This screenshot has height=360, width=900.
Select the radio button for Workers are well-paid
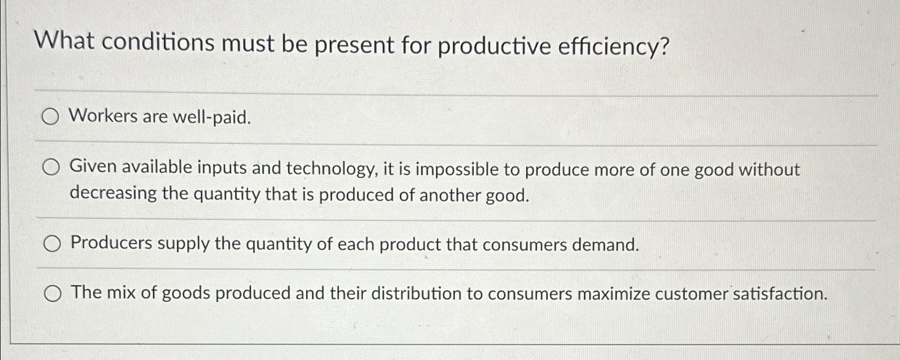50,117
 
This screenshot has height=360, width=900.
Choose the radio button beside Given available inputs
51,168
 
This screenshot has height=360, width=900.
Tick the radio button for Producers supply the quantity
52,244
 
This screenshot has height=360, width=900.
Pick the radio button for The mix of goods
52,293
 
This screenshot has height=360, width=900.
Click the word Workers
103,115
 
